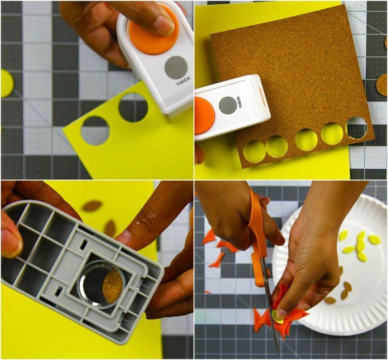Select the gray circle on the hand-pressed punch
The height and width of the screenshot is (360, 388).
[x=176, y=67]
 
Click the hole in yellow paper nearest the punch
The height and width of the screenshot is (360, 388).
[x=133, y=108]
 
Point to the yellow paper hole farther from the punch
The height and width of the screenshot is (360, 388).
[x=95, y=130]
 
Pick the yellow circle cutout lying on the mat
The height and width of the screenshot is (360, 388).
[x=6, y=83]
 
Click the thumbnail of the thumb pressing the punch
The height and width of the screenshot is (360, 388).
[x=164, y=24]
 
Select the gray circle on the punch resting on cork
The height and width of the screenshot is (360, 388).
[x=228, y=105]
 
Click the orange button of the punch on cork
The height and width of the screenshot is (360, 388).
[x=203, y=116]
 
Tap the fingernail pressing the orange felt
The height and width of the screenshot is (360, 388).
[x=279, y=313]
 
